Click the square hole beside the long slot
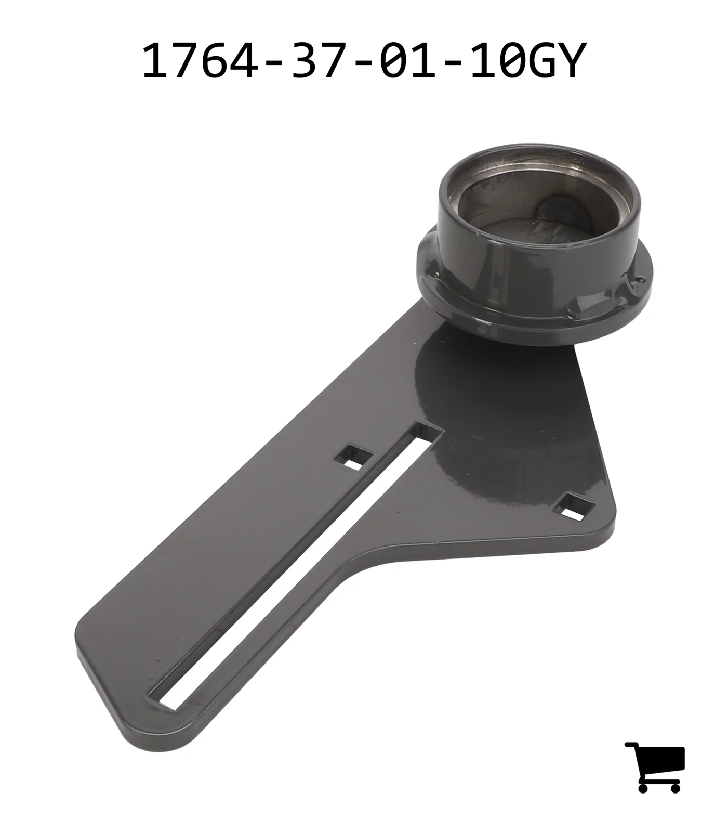coord(353,457)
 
